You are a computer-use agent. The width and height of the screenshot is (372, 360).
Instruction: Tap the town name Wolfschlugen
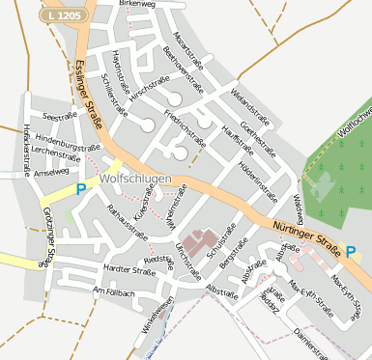click(135, 180)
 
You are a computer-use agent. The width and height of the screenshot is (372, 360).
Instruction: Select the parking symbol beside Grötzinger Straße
click(81, 189)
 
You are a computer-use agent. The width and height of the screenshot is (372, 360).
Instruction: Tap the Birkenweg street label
click(136, 5)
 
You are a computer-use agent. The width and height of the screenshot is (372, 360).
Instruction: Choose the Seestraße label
click(59, 116)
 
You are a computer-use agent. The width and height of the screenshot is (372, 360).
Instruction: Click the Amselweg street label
click(51, 173)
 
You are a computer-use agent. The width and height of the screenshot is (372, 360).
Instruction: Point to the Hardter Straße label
click(129, 271)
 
